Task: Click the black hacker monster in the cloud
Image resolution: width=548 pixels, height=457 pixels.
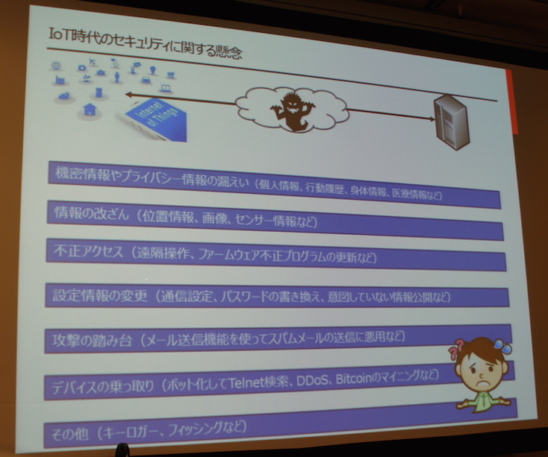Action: coord(290,110)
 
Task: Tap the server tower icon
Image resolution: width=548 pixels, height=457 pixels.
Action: coord(450,122)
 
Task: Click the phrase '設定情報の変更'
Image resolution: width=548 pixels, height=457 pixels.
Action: coord(94,294)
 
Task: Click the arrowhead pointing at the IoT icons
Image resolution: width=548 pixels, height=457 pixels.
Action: coord(128,94)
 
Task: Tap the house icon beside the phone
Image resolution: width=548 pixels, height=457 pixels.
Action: coord(90,110)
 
